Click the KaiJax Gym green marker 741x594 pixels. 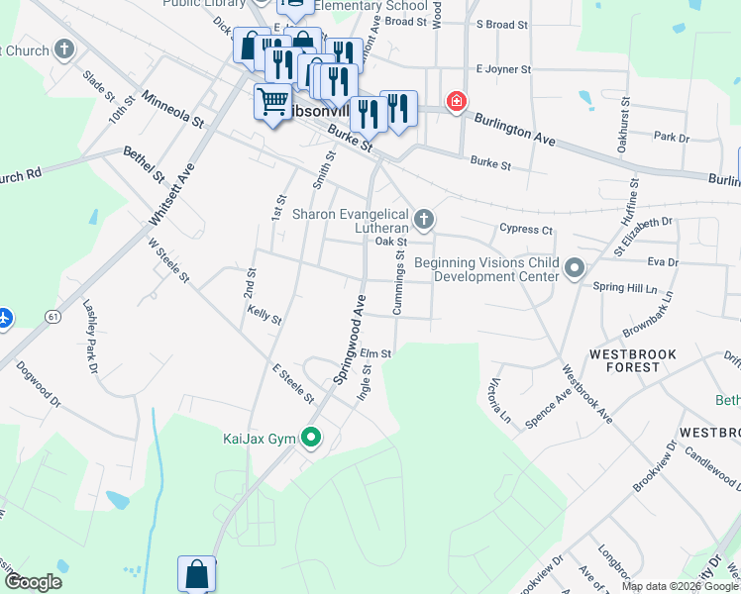pos(312,437)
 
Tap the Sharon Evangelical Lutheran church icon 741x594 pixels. pos(424,218)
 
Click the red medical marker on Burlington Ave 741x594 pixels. pos(456,101)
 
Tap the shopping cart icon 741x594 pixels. pos(272,101)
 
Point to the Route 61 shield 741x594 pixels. pos(51,315)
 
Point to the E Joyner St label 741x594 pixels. pos(503,69)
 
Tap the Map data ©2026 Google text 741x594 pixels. pos(680,586)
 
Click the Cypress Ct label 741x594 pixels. pos(526,230)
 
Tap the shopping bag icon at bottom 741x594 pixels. pos(196,573)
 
